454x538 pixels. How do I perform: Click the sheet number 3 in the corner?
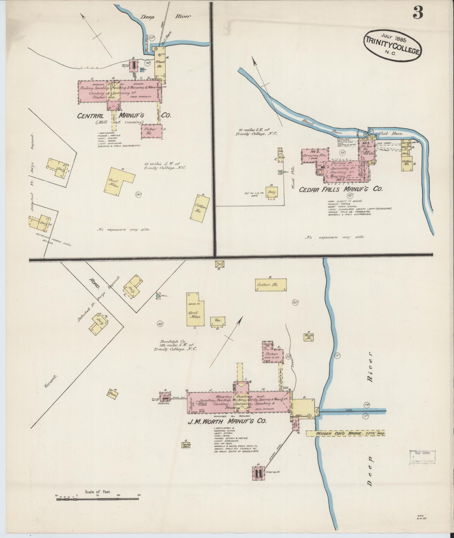pyautogui.click(x=418, y=13)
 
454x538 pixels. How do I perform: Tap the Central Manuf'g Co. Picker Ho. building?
pyautogui.click(x=152, y=131)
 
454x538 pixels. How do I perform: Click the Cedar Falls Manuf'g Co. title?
pyautogui.click(x=341, y=189)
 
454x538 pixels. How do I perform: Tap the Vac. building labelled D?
pyautogui.click(x=218, y=321)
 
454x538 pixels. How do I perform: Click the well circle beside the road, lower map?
pyautogui.click(x=158, y=296)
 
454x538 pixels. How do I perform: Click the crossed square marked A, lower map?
pyautogui.click(x=219, y=264)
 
